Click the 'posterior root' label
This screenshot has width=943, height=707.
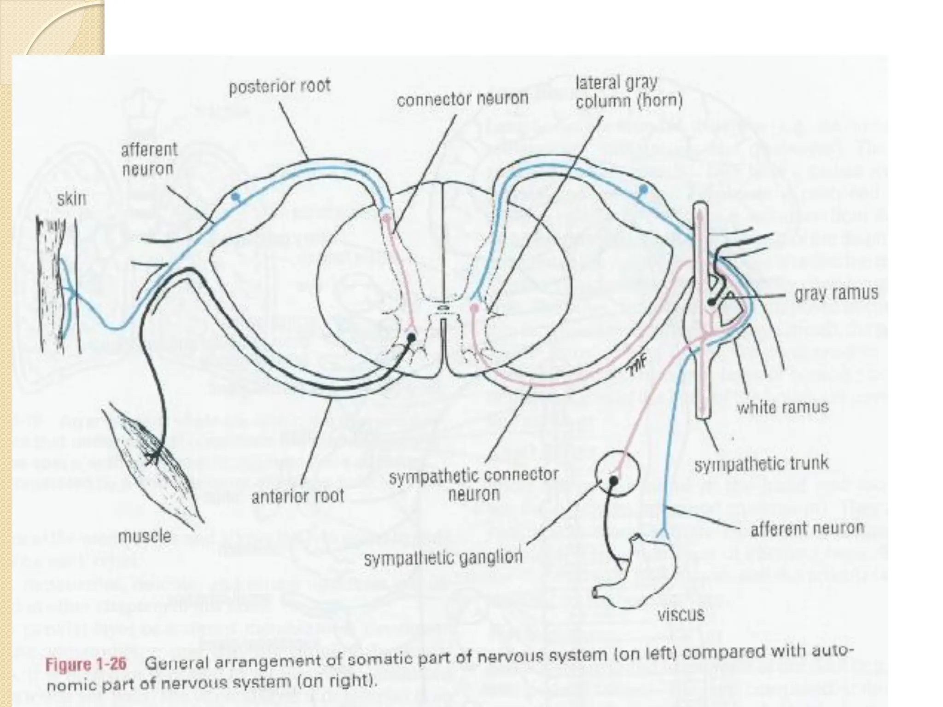(279, 86)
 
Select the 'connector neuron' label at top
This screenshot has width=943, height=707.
(462, 99)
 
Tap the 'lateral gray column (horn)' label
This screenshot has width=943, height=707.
(629, 92)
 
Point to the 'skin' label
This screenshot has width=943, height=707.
(71, 199)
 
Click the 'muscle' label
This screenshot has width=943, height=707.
(145, 536)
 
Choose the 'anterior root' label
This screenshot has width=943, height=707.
(298, 496)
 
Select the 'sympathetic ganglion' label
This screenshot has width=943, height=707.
(443, 558)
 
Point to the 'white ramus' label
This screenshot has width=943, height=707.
(782, 407)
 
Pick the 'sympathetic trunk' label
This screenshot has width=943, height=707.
(761, 464)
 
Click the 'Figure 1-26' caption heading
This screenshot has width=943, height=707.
(86, 665)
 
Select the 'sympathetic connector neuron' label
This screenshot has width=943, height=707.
(473, 484)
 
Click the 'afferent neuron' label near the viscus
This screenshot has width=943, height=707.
(807, 528)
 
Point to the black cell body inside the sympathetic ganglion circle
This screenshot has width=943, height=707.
(613, 481)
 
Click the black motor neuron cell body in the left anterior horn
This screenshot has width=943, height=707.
(411, 337)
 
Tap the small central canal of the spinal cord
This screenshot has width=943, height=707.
(442, 307)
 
